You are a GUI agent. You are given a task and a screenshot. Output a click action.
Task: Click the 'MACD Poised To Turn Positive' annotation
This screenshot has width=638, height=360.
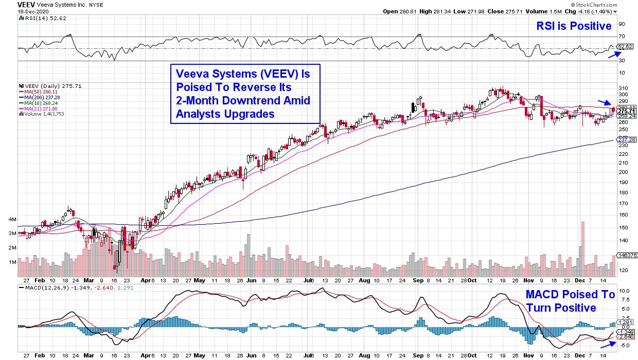pyautogui.click(x=570, y=301)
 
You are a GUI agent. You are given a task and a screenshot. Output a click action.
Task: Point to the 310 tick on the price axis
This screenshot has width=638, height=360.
pyautogui.click(x=623, y=87)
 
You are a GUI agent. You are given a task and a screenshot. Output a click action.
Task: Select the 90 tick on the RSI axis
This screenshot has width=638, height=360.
pyautogui.click(x=622, y=24)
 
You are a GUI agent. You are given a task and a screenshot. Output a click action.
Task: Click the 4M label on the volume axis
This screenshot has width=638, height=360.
pyautogui.click(x=12, y=219)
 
